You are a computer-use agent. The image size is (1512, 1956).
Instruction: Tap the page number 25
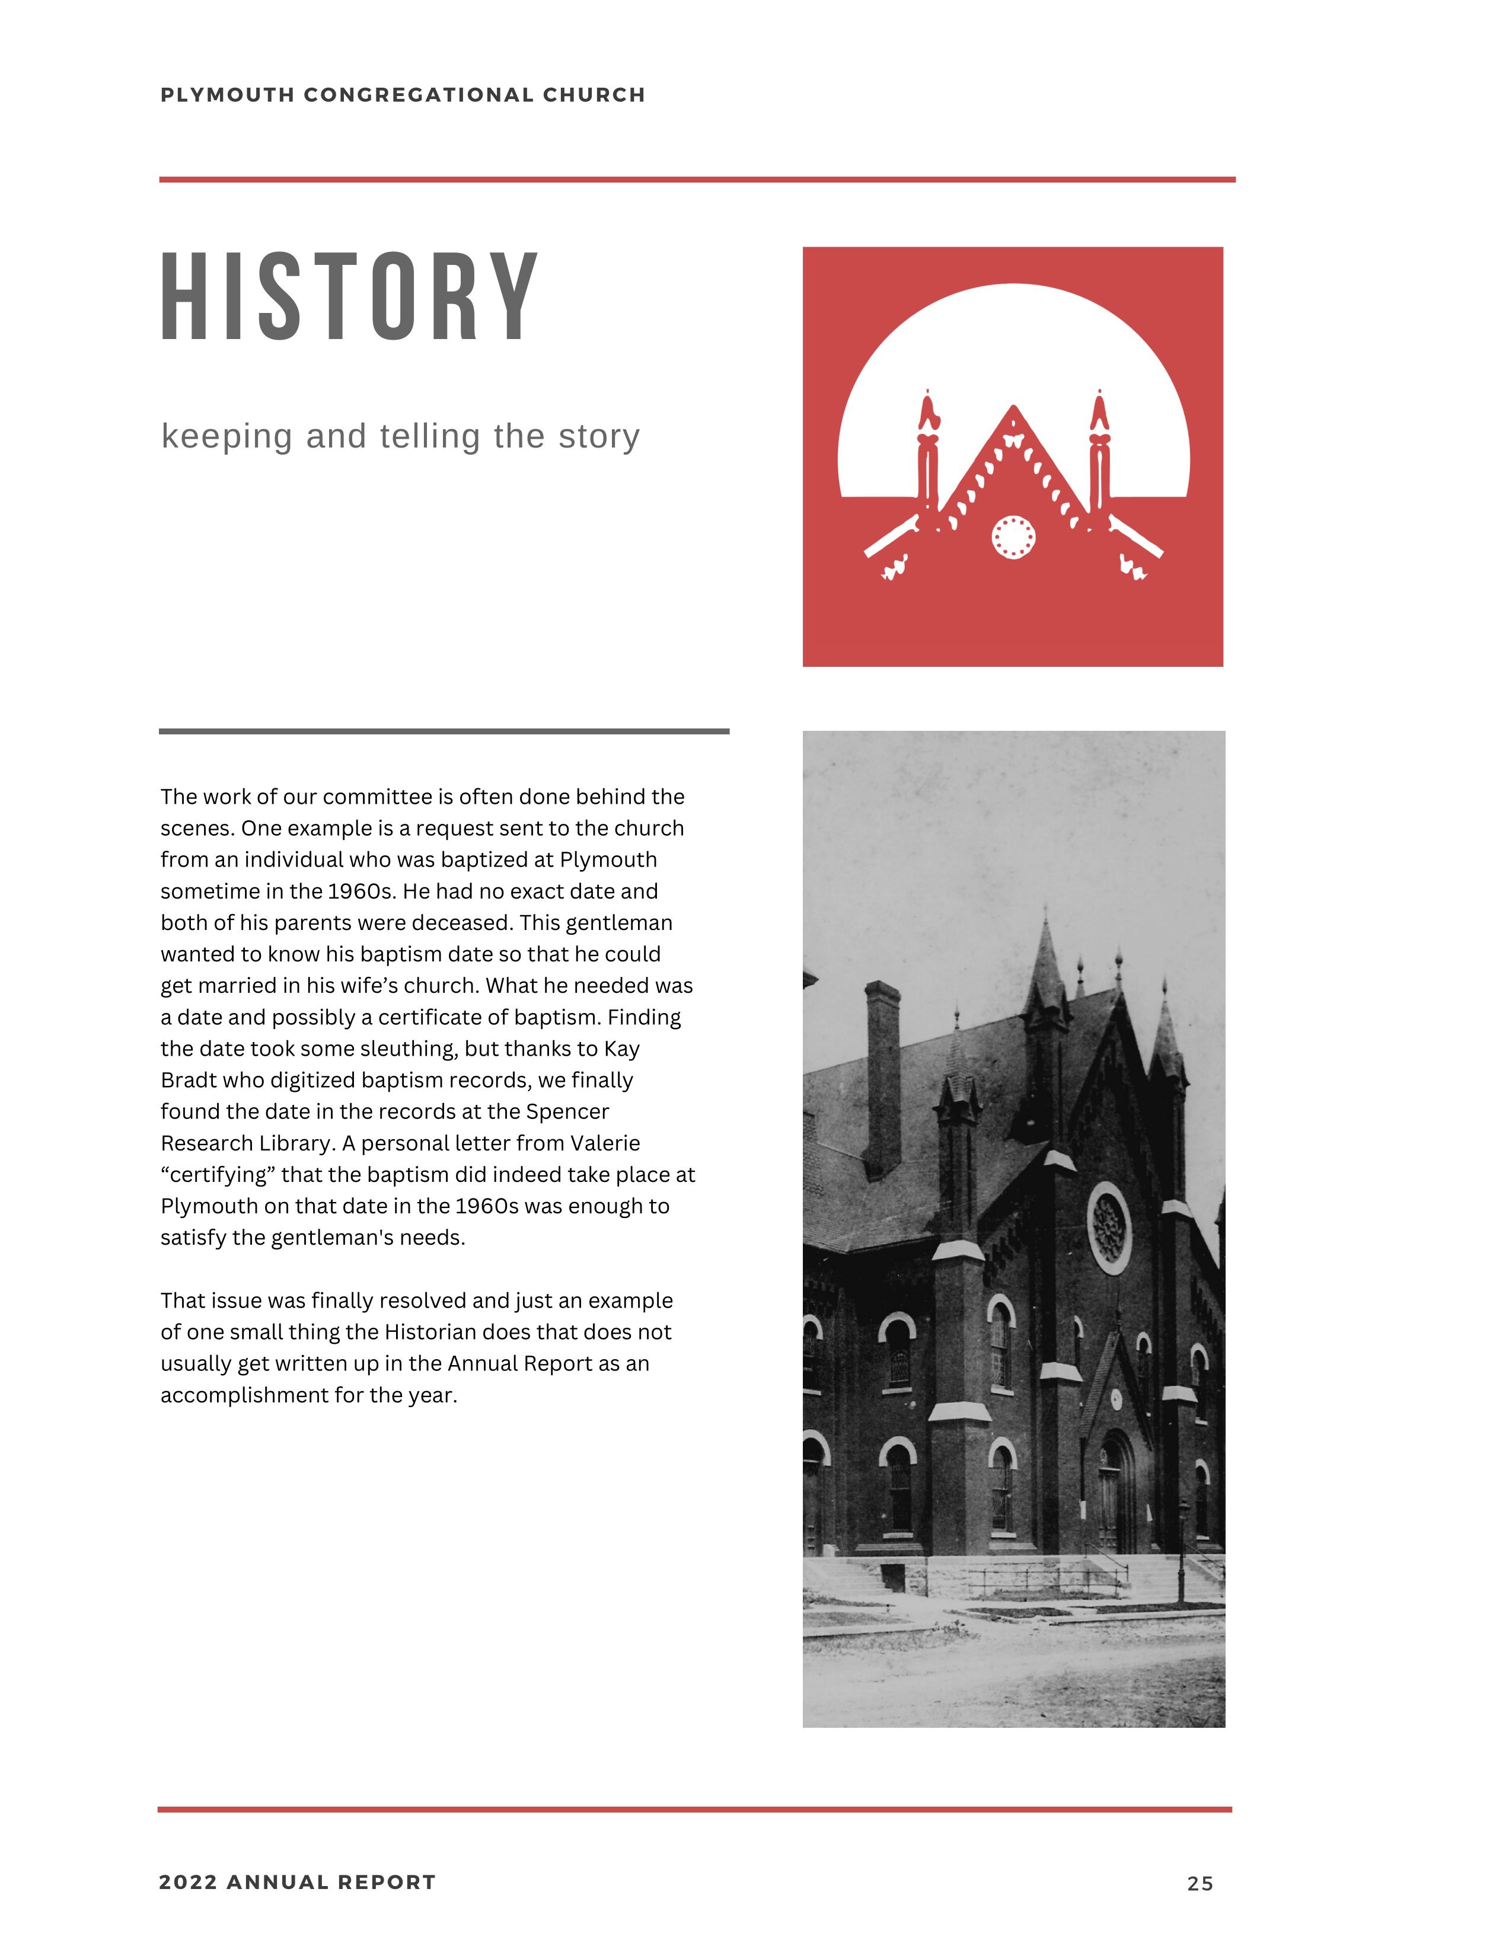click(x=1200, y=1884)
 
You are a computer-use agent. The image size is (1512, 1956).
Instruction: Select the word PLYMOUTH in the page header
click(x=228, y=95)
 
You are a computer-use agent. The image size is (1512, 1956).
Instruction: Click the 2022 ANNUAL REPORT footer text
click(x=298, y=1883)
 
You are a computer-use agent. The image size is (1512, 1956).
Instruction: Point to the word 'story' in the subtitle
click(x=599, y=436)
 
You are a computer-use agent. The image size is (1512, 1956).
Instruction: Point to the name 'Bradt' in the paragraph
click(x=190, y=1081)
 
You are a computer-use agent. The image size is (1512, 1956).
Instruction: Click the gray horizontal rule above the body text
click(x=444, y=731)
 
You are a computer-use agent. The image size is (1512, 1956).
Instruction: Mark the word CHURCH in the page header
click(x=594, y=95)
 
